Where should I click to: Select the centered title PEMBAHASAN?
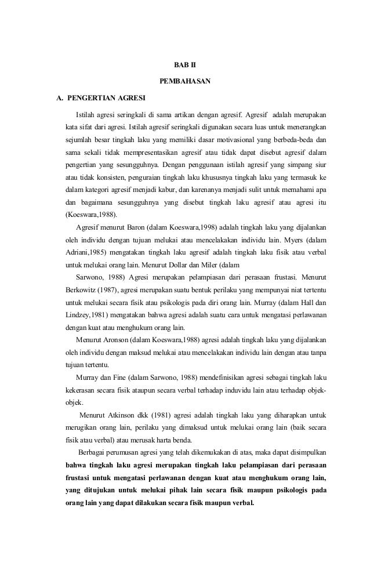pos(185,79)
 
